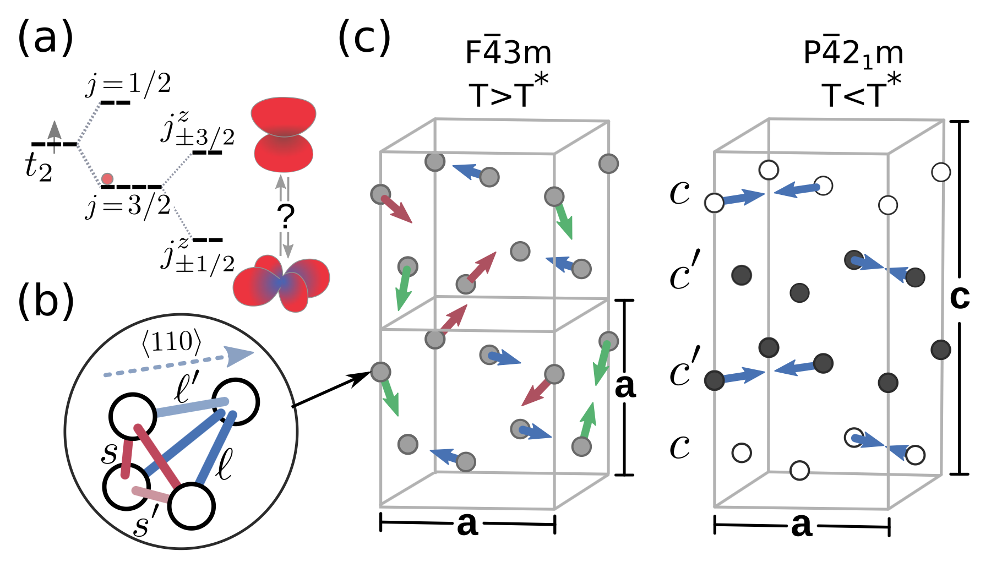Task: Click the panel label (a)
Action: point(45,37)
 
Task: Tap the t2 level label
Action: point(39,167)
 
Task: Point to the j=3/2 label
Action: point(128,206)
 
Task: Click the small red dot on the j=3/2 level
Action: point(107,179)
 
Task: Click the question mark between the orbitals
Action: point(286,216)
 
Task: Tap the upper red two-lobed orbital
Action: point(282,134)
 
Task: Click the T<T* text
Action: point(862,90)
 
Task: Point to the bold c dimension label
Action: point(960,298)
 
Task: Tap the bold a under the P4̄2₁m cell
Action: point(802,525)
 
